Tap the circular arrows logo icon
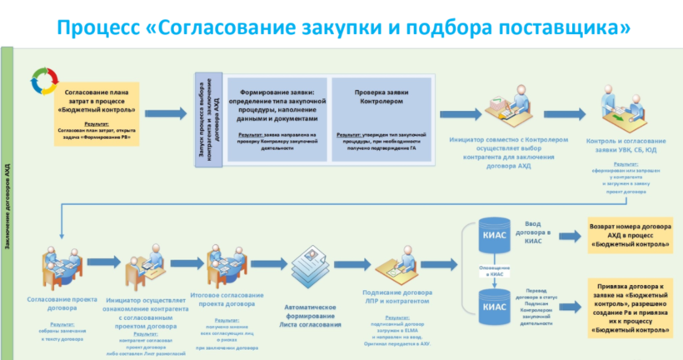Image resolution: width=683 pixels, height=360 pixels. pos(40,81)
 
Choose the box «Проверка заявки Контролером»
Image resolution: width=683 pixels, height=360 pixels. pos(381,112)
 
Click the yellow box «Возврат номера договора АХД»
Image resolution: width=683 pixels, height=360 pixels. pos(628,234)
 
